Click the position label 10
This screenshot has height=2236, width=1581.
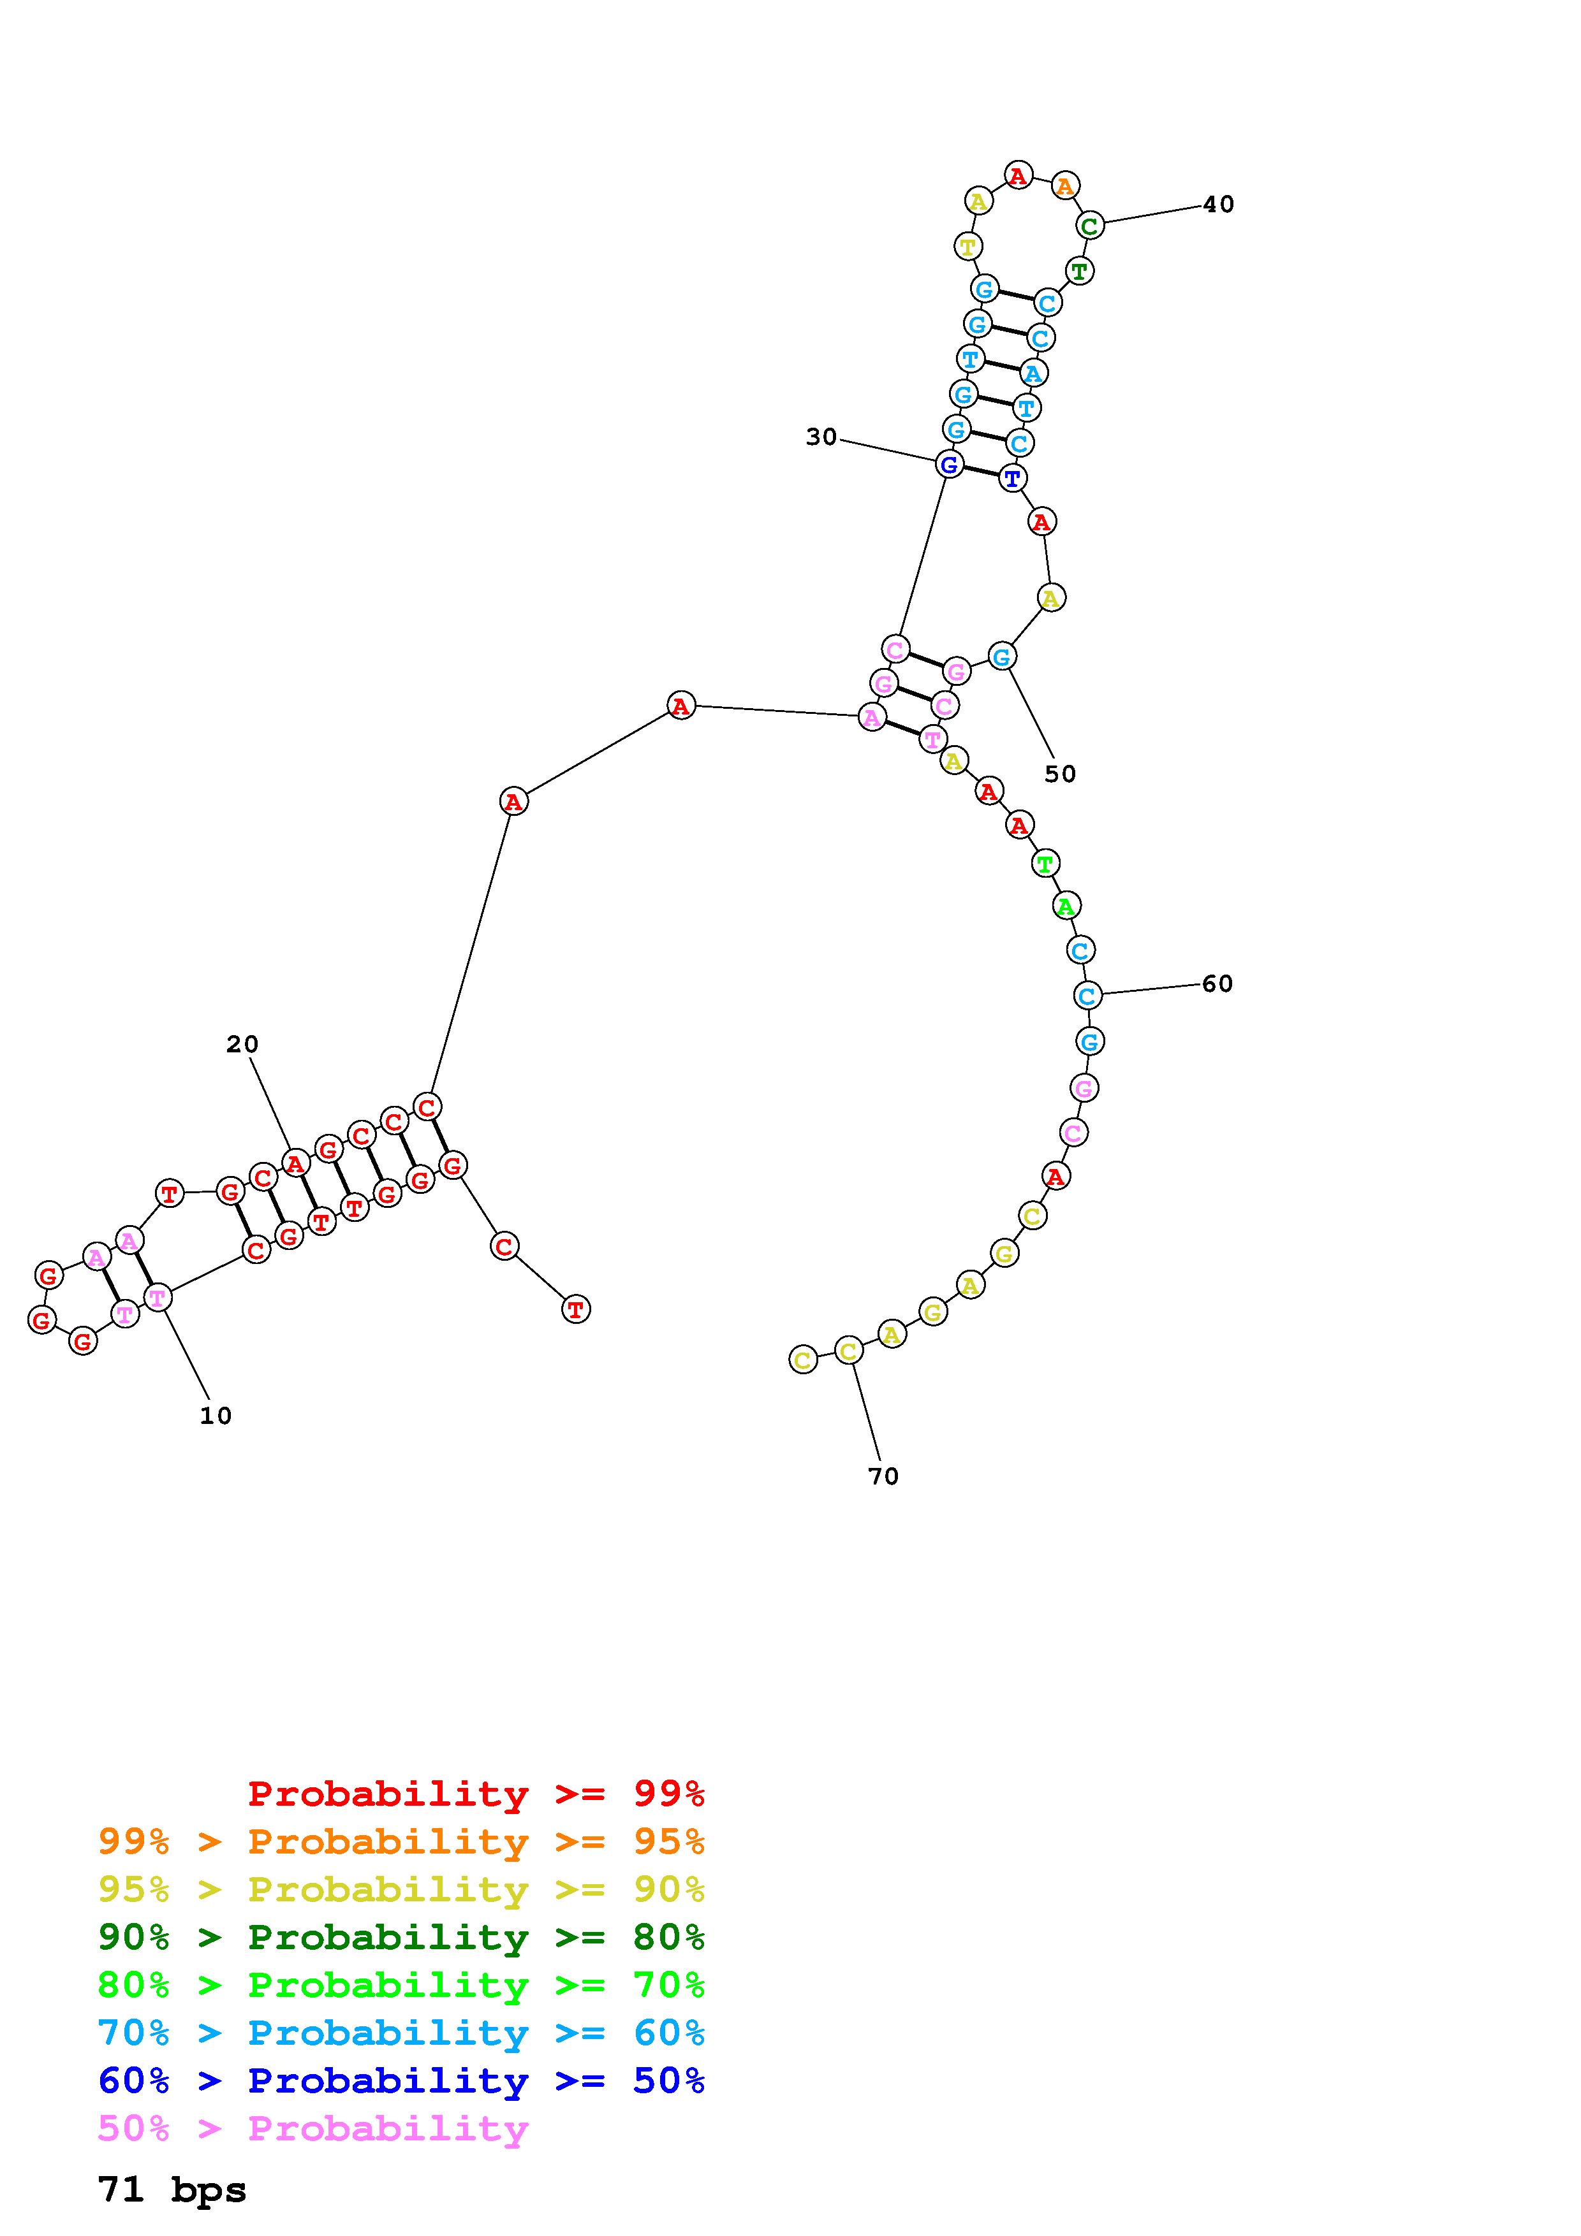tap(216, 1416)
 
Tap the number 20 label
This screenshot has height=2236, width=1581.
tap(242, 1044)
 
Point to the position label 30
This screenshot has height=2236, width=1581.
tap(821, 437)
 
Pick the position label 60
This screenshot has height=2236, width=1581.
tap(1217, 984)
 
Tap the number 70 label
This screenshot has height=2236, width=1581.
tap(883, 1476)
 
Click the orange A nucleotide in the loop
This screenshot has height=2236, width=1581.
tap(1066, 185)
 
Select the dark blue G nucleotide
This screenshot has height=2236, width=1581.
tap(949, 465)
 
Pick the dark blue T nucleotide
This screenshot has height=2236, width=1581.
tap(1012, 478)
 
